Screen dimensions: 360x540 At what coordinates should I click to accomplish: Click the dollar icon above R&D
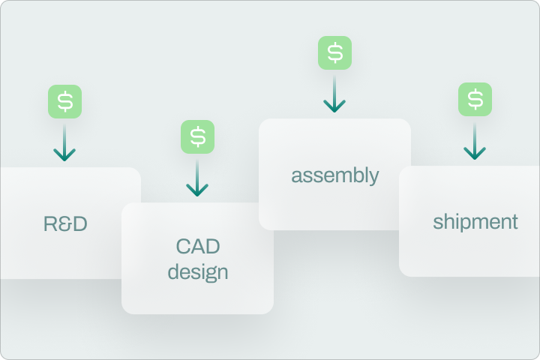(x=65, y=101)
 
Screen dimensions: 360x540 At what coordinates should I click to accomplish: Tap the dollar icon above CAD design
(x=197, y=136)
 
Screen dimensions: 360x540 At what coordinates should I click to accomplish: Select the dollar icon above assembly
(x=334, y=52)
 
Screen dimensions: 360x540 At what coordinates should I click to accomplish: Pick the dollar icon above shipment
(x=475, y=100)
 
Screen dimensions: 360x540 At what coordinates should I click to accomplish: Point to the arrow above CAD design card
(x=197, y=178)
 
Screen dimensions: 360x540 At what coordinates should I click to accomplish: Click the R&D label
(x=65, y=223)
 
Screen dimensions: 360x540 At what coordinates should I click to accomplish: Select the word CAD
(x=198, y=246)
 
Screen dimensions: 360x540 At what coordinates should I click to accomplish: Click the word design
(x=198, y=271)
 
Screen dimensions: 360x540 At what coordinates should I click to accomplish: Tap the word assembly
(x=335, y=175)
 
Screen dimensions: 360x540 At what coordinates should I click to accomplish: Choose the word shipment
(x=475, y=221)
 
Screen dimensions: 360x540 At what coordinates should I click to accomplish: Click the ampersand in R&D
(x=65, y=223)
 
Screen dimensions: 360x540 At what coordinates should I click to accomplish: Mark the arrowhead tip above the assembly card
(x=334, y=112)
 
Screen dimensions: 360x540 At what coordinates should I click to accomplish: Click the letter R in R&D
(x=50, y=223)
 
